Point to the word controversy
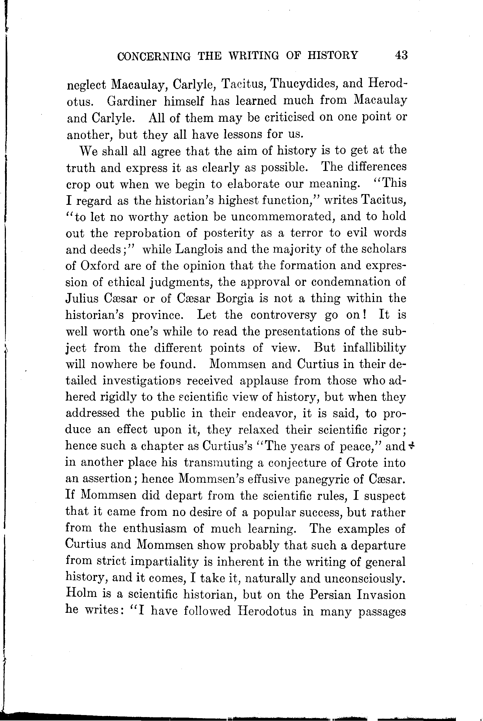click(283, 315)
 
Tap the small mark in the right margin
click(411, 446)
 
